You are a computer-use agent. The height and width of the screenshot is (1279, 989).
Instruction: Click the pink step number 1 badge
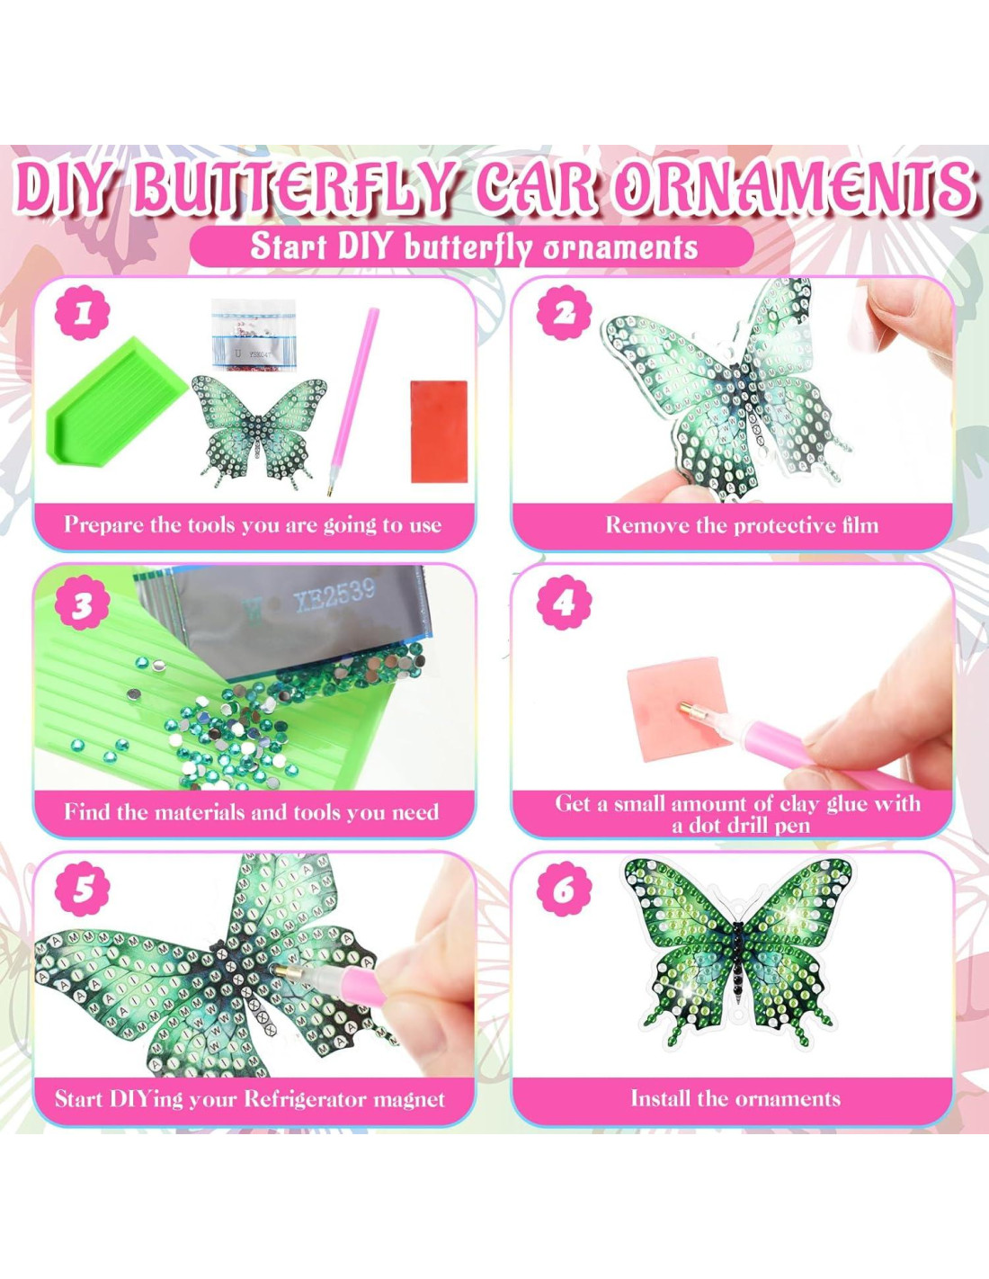(x=83, y=314)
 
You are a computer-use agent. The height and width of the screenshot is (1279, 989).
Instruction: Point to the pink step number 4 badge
(x=564, y=602)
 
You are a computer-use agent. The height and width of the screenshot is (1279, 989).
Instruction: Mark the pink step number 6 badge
(x=564, y=889)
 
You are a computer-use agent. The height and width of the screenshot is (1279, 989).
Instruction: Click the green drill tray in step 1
(x=117, y=401)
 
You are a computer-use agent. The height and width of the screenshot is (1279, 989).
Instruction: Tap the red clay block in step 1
(x=439, y=432)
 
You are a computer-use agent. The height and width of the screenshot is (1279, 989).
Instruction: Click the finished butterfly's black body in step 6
(x=739, y=953)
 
